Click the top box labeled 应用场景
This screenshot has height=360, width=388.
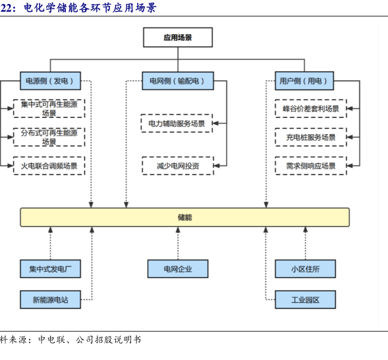(178, 38)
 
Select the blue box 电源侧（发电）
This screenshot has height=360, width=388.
(50, 81)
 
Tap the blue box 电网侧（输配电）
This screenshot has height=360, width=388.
(178, 81)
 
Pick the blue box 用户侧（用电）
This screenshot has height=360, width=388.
(304, 81)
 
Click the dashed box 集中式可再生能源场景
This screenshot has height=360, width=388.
(49, 109)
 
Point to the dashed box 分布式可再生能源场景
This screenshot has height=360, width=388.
(49, 138)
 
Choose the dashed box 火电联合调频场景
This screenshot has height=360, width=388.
(49, 166)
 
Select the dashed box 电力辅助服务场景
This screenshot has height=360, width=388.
(177, 123)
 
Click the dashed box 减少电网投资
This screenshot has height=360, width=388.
(178, 166)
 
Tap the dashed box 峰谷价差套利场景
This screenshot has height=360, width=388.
(311, 109)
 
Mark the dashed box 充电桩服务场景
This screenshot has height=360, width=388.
(311, 138)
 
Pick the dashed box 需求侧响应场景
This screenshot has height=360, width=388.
(311, 166)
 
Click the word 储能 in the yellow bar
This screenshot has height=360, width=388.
(185, 217)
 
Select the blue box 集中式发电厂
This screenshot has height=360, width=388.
(50, 269)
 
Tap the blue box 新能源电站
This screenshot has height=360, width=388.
(50, 299)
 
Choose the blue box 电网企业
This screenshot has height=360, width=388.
(178, 269)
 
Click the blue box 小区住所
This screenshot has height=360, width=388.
(306, 269)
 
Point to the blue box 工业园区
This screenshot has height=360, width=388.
(306, 299)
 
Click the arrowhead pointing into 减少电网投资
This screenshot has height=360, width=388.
(216, 166)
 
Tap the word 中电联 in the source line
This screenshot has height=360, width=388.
(52, 340)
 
